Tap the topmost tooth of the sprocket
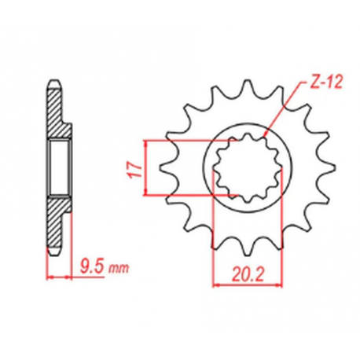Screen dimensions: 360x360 tap(239, 86)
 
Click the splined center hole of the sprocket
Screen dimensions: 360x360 tap(240, 166)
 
